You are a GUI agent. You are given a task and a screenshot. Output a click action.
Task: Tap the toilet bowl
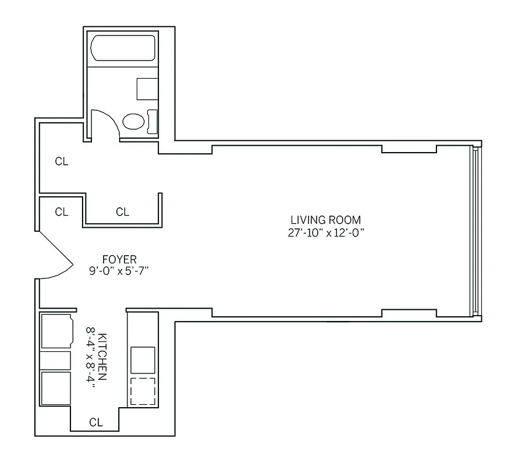(133, 122)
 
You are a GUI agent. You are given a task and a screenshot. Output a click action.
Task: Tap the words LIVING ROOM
(326, 220)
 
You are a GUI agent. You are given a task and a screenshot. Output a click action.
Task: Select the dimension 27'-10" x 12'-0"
(326, 233)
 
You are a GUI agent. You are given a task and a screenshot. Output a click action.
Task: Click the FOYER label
(119, 259)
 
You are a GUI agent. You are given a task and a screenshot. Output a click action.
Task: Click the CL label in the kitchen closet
(96, 423)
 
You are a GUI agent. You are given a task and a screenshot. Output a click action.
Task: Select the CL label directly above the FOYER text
(122, 212)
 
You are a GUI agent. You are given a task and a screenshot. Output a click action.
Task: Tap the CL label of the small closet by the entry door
(62, 212)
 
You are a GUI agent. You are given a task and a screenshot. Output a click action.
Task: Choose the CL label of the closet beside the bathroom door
(62, 162)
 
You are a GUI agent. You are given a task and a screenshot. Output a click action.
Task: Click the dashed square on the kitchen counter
(143, 391)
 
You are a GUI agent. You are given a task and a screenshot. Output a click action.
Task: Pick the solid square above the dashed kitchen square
(143, 360)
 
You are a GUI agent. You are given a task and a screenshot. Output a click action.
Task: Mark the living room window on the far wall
(475, 231)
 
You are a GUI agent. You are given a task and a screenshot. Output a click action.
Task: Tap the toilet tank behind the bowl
(152, 121)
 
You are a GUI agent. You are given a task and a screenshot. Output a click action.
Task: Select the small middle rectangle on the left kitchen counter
(55, 361)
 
